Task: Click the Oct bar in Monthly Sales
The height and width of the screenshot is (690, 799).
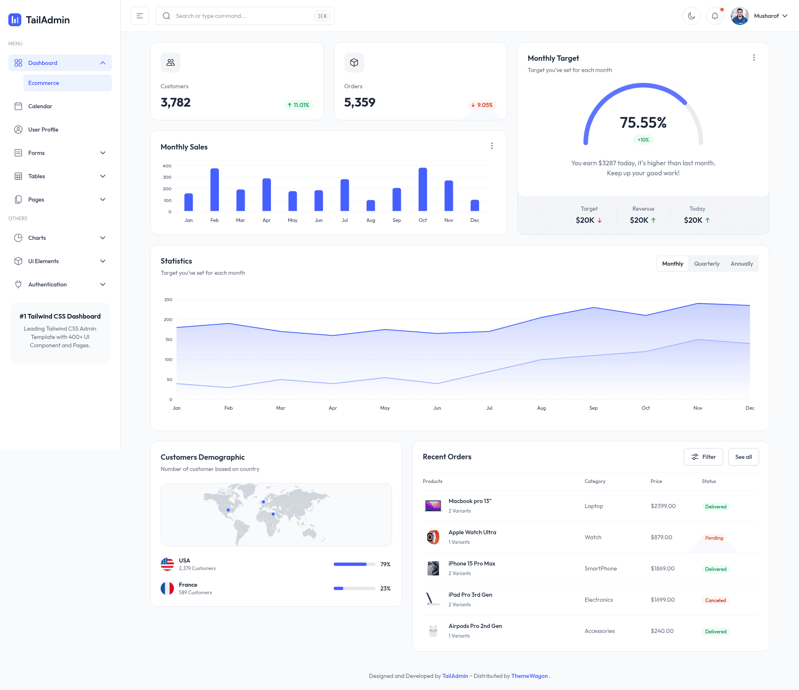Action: pyautogui.click(x=422, y=189)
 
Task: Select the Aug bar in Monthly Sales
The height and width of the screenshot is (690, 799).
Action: pyautogui.click(x=370, y=206)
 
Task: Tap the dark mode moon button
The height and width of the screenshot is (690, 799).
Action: pyautogui.click(x=691, y=16)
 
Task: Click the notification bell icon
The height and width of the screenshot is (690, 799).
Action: pyautogui.click(x=715, y=16)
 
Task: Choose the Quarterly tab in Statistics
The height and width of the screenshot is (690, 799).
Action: pyautogui.click(x=707, y=264)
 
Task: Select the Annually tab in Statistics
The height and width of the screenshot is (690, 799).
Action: pyautogui.click(x=742, y=264)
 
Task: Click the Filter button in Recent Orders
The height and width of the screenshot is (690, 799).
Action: pyautogui.click(x=703, y=457)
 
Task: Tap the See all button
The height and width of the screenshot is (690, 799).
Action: pyautogui.click(x=743, y=457)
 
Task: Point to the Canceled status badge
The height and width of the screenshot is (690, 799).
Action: pyautogui.click(x=715, y=600)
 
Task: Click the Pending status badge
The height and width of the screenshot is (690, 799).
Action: pyautogui.click(x=714, y=538)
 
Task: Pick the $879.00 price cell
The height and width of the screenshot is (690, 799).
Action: pyautogui.click(x=661, y=537)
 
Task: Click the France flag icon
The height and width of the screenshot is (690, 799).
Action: pyautogui.click(x=167, y=588)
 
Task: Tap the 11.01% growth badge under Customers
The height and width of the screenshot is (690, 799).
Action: pyautogui.click(x=298, y=105)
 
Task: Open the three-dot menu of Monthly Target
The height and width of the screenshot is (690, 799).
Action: pyautogui.click(x=754, y=57)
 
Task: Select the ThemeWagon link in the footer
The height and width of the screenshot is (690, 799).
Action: pyautogui.click(x=529, y=676)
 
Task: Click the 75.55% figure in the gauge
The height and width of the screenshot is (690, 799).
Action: pyautogui.click(x=643, y=122)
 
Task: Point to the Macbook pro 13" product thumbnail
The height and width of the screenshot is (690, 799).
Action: pyautogui.click(x=433, y=506)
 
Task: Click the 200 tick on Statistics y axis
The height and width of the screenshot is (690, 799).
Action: pyautogui.click(x=168, y=319)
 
